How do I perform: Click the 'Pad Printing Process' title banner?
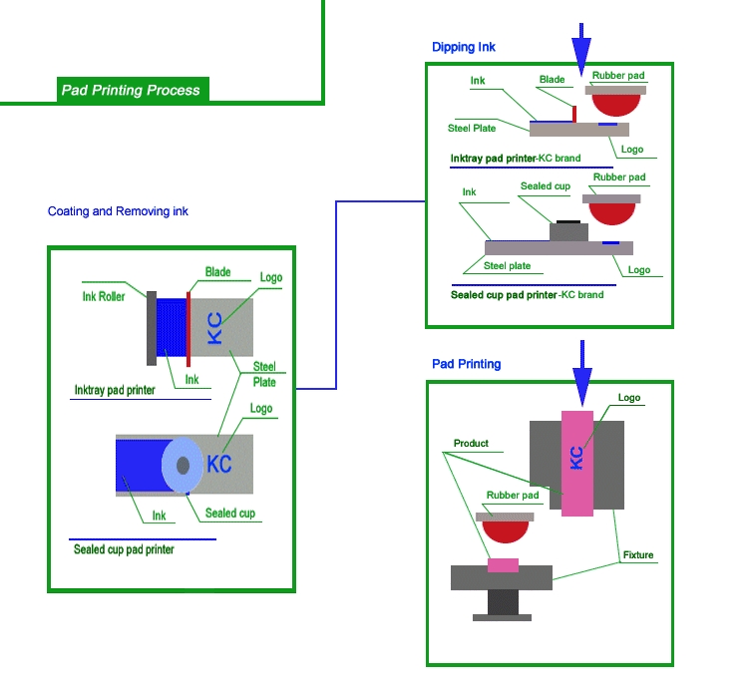coord(131,90)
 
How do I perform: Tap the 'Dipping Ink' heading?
coord(464,47)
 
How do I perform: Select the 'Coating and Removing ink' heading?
coord(118,211)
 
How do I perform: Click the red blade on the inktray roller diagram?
coord(187,326)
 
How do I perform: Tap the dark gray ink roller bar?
coord(151,326)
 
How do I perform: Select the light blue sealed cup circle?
coord(183,466)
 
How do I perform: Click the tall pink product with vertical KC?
coord(577,463)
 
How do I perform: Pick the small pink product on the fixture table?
coord(503,564)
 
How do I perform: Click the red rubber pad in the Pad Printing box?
coord(506,539)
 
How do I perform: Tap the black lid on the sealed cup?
coord(567,221)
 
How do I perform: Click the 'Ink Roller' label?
coord(104,296)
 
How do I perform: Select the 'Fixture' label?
coord(638,555)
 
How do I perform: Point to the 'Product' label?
coord(471,444)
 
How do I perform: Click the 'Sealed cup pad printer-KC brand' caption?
coord(527,295)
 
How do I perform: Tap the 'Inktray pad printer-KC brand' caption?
coord(515,158)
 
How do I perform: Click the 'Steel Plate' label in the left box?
coord(264,374)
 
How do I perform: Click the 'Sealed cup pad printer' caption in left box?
coord(124,549)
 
